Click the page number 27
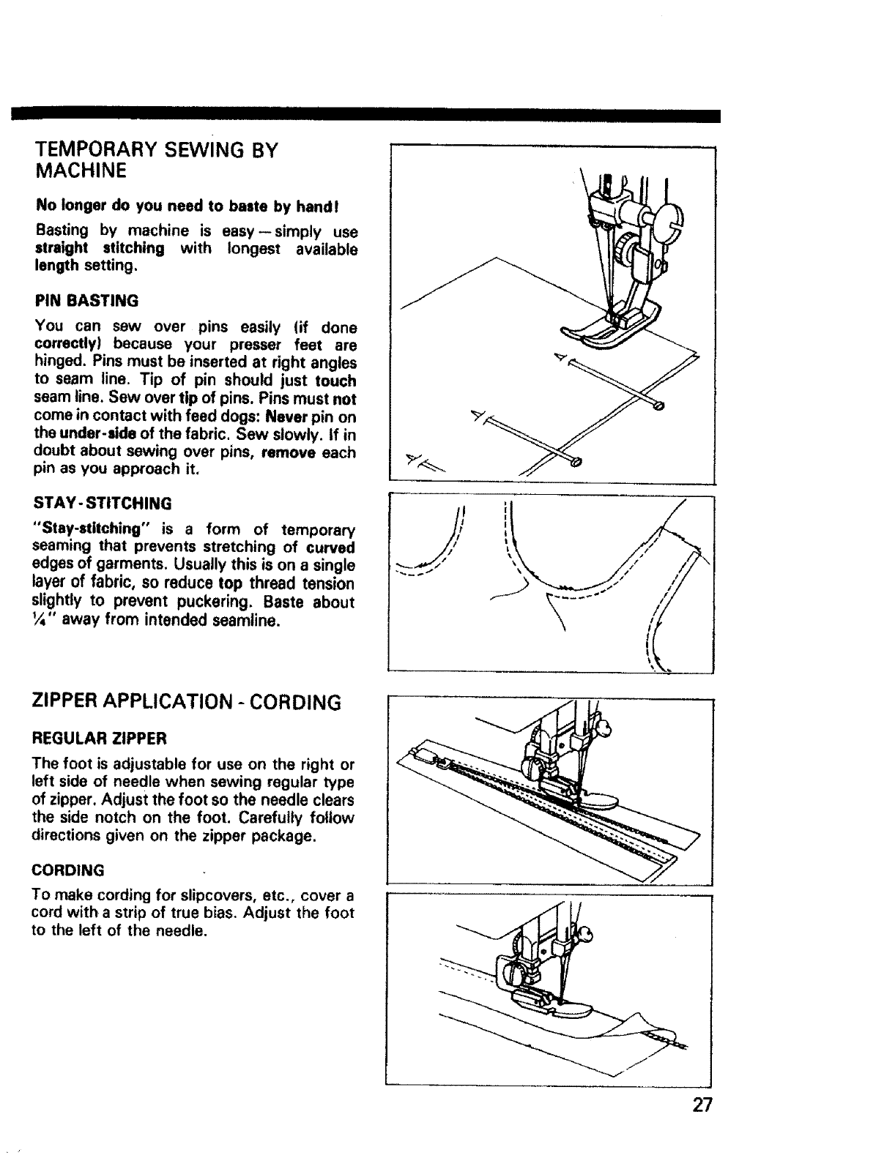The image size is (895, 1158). pyautogui.click(x=701, y=1105)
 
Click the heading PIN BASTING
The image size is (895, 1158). pyautogui.click(x=86, y=301)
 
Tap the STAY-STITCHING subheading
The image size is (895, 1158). pyautogui.click(x=103, y=503)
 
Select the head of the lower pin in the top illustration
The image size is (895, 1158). pyautogui.click(x=576, y=462)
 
